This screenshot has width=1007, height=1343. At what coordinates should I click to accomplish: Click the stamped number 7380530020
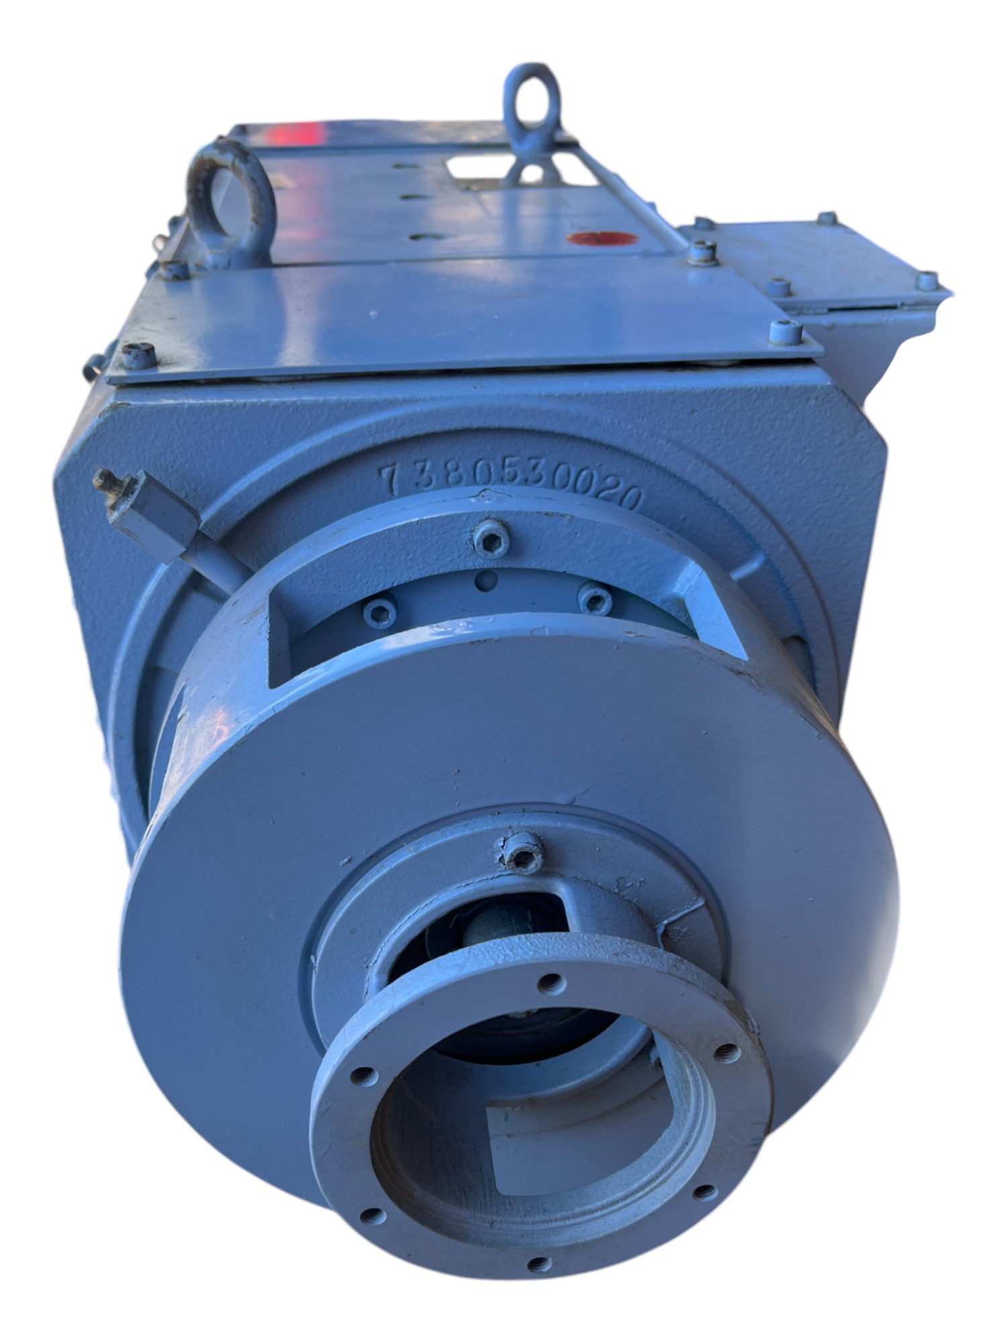[x=510, y=485]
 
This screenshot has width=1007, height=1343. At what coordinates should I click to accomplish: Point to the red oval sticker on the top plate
[x=600, y=239]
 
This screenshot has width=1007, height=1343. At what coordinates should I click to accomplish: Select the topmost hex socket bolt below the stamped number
[x=491, y=538]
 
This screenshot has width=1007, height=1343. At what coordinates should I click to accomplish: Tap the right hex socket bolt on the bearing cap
[x=595, y=600]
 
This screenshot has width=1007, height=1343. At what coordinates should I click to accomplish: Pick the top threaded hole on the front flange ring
[x=552, y=984]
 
